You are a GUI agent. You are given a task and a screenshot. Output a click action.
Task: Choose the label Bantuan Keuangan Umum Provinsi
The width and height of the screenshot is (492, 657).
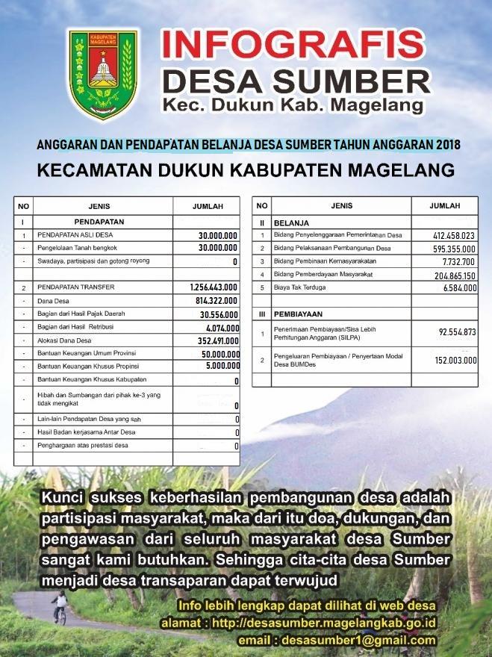pos(90,354)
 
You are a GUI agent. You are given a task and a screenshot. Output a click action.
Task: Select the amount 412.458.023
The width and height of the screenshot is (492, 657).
pos(454,236)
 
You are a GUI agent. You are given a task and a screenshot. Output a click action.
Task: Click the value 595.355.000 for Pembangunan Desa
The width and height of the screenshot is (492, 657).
pos(454,249)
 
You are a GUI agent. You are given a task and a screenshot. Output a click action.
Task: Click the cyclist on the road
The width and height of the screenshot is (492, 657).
pos(59,608)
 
